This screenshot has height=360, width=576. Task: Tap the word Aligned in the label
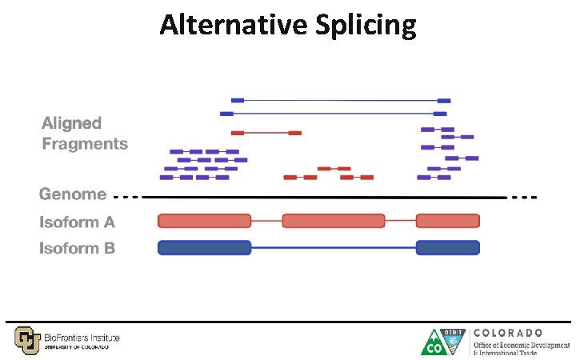[72, 123]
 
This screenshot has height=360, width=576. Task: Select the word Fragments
[85, 144]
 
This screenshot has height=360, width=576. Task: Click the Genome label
[73, 194]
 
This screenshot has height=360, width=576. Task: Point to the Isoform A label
[78, 222]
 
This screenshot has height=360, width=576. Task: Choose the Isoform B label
[78, 248]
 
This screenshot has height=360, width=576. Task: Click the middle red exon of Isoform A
[334, 221]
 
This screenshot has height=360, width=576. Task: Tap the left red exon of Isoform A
[205, 221]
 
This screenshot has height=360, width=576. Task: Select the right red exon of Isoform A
[447, 221]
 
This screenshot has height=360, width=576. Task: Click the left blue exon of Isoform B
[205, 248]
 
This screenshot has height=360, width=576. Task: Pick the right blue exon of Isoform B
[447, 248]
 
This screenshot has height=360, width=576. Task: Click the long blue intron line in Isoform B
[334, 248]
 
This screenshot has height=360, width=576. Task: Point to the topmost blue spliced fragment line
[340, 100]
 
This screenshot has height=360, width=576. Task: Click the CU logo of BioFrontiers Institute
[26, 339]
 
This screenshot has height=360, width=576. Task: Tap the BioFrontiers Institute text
[82, 338]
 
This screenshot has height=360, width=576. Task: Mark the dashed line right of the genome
[524, 197]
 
